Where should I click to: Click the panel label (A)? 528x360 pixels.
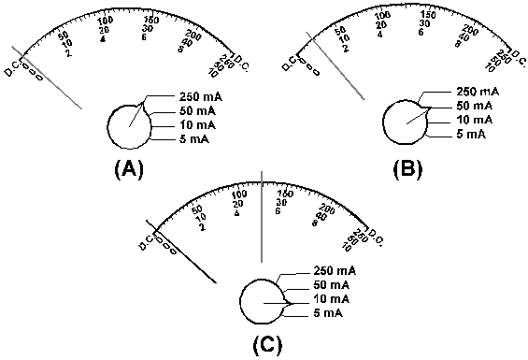pyautogui.click(x=127, y=170)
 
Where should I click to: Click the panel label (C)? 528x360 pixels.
pyautogui.click(x=266, y=343)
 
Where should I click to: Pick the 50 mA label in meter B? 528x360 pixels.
pyautogui.click(x=476, y=106)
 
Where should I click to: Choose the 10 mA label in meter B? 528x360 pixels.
pyautogui.click(x=476, y=121)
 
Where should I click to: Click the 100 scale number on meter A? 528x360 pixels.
pyautogui.click(x=104, y=22)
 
